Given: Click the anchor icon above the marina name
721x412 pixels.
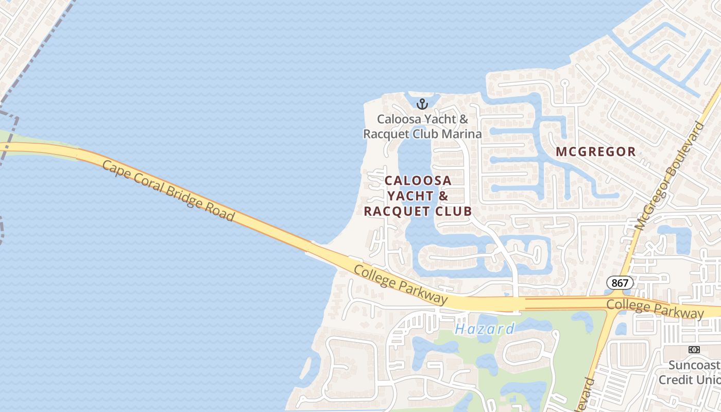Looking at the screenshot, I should point(422,104).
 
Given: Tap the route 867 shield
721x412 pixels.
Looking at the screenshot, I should point(620,282).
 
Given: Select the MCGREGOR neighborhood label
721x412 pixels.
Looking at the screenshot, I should point(596,151).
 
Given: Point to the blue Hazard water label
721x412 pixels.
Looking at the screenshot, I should point(485,329).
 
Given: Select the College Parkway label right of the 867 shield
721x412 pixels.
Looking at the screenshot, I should point(655,308).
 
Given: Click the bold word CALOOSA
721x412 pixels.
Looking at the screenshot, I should point(418,181).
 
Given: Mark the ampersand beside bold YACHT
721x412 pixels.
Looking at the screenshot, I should point(443,196).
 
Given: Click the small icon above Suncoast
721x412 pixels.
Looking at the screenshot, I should point(694,350).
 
